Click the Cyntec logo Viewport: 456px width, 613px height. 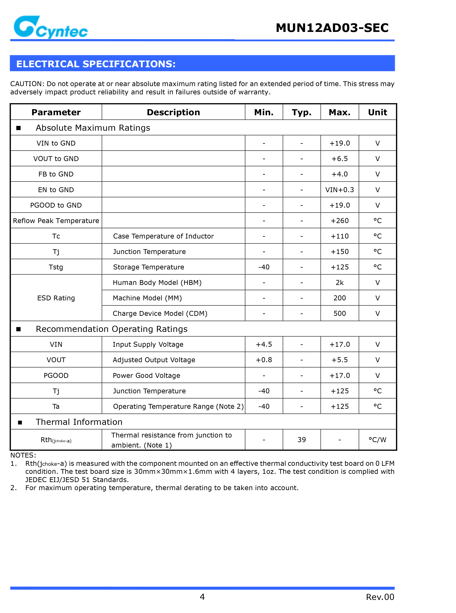50,27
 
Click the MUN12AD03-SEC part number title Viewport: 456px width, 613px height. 332,28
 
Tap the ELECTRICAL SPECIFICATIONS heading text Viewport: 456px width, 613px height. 96,64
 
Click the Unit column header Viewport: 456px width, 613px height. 377,112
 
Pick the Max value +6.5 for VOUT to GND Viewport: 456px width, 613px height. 339,159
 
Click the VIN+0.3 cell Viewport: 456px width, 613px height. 339,190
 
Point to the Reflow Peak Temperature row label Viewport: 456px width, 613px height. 56,221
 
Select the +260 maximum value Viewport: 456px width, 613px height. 339,221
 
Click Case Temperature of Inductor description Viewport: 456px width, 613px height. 163,236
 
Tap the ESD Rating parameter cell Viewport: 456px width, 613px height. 56,298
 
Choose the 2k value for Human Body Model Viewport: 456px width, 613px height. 339,282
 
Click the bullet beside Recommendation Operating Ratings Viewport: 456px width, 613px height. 18,329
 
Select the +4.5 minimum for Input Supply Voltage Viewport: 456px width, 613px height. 264,344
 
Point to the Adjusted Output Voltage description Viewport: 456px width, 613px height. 154,360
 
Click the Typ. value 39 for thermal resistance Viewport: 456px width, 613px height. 301,440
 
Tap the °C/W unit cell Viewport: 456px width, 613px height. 377,440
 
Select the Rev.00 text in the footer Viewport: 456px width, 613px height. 380,597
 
